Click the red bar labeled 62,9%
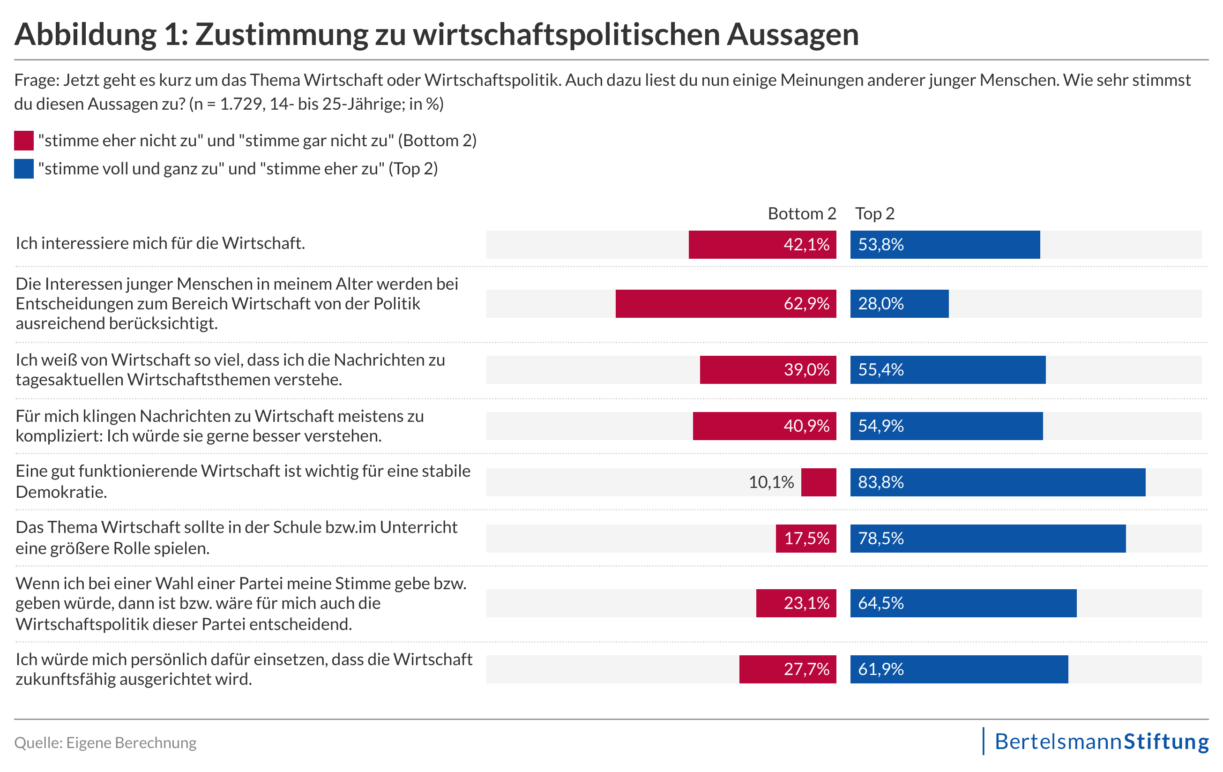pyautogui.click(x=725, y=304)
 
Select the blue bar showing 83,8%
pyautogui.click(x=998, y=482)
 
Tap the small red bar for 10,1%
pyautogui.click(x=818, y=482)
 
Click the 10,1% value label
pyautogui.click(x=770, y=482)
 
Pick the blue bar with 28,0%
pyautogui.click(x=899, y=304)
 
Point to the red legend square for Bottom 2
pyautogui.click(x=24, y=141)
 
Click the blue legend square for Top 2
pyautogui.click(x=24, y=169)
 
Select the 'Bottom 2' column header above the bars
pyautogui.click(x=801, y=214)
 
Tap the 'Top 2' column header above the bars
pyautogui.click(x=874, y=214)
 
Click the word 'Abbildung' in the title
pyautogui.click(x=85, y=35)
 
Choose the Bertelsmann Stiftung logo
pyautogui.click(x=1101, y=742)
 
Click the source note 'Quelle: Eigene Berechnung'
pyautogui.click(x=105, y=742)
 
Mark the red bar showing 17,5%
pyautogui.click(x=805, y=539)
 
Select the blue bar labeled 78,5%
pyautogui.click(x=987, y=539)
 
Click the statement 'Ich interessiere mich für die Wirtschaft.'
pyautogui.click(x=161, y=243)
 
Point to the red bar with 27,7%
pyautogui.click(x=787, y=669)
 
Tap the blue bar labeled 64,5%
pyautogui.click(x=963, y=603)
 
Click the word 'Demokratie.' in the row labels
pyautogui.click(x=61, y=492)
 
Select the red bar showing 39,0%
pyautogui.click(x=768, y=370)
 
